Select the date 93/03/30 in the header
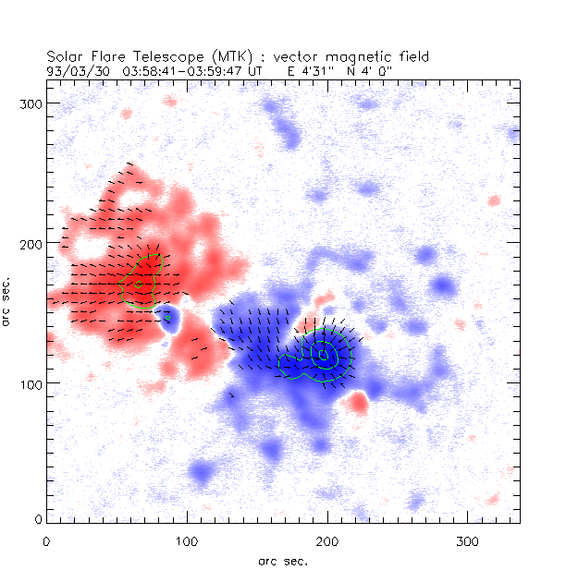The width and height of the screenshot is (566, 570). tap(76, 69)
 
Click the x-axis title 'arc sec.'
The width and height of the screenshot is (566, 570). tap(282, 560)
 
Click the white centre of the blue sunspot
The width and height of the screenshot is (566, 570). tap(323, 354)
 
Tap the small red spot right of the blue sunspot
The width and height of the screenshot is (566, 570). tap(358, 402)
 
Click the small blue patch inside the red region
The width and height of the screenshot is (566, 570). tap(167, 320)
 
